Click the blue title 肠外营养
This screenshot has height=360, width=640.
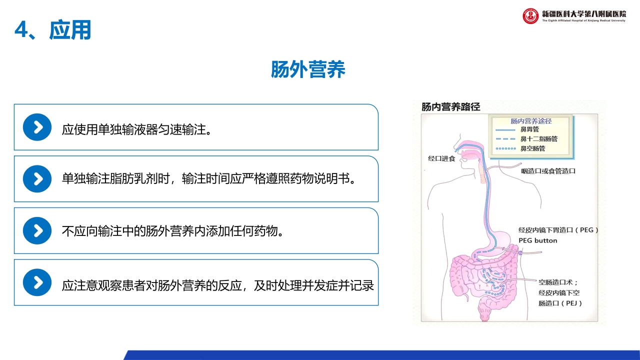308,70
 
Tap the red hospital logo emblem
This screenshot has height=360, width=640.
530,16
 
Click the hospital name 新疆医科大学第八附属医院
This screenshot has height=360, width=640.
583,13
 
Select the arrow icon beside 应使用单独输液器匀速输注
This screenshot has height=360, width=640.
37,127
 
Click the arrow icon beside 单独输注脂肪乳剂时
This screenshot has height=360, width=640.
37,179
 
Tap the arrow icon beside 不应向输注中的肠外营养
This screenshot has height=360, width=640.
37,230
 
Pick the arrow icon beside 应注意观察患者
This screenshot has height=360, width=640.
37,282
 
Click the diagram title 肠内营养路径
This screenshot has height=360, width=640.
450,106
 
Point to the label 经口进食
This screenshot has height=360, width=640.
441,158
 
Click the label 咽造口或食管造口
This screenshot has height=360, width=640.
548,171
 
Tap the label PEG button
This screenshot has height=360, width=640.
537,240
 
